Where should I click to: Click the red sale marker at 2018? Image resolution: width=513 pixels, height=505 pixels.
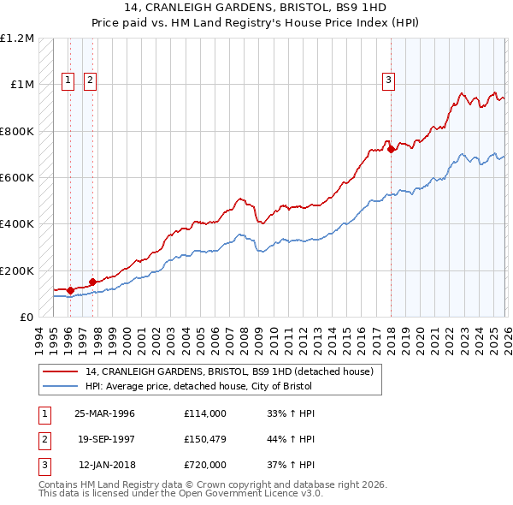[x=391, y=150]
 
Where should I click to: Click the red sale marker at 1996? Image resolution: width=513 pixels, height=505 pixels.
[x=70, y=290]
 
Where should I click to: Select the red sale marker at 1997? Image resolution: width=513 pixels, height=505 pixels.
[x=92, y=282]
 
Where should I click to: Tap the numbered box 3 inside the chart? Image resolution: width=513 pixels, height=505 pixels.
[x=388, y=81]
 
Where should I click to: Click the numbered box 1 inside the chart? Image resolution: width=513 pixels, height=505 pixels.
[x=68, y=81]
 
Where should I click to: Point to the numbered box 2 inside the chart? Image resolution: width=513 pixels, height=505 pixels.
[x=90, y=81]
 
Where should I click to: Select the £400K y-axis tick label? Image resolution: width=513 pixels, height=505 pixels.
[x=17, y=224]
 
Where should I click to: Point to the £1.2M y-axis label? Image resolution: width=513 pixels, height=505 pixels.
[x=17, y=39]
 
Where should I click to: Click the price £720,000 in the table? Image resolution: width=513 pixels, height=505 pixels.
[x=204, y=466]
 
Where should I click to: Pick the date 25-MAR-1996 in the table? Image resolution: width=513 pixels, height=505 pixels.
[x=104, y=413]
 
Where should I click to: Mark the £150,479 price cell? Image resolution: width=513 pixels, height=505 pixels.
[x=204, y=440]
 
